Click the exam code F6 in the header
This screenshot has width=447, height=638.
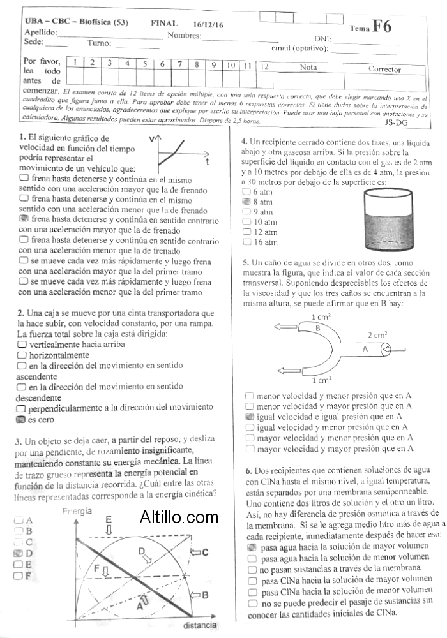(382, 26)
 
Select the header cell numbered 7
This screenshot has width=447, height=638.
(179, 64)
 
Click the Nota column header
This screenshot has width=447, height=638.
(308, 66)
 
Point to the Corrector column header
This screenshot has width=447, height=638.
(384, 69)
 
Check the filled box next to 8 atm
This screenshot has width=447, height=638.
(247, 202)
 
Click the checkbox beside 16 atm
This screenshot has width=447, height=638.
(247, 242)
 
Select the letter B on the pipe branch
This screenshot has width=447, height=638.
(317, 328)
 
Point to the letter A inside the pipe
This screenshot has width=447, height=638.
(365, 349)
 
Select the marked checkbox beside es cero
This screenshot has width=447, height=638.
(22, 419)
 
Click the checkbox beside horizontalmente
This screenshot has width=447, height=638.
(22, 355)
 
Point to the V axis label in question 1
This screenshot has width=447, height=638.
(151, 138)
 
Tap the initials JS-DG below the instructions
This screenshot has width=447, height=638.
(397, 122)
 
